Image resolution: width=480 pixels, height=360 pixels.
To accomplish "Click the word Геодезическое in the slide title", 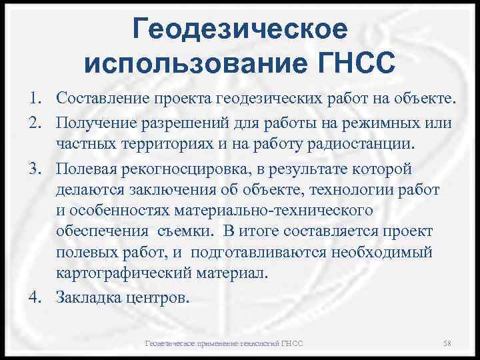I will tap(240, 29).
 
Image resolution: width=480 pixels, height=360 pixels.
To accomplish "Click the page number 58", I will tap(447, 343).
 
